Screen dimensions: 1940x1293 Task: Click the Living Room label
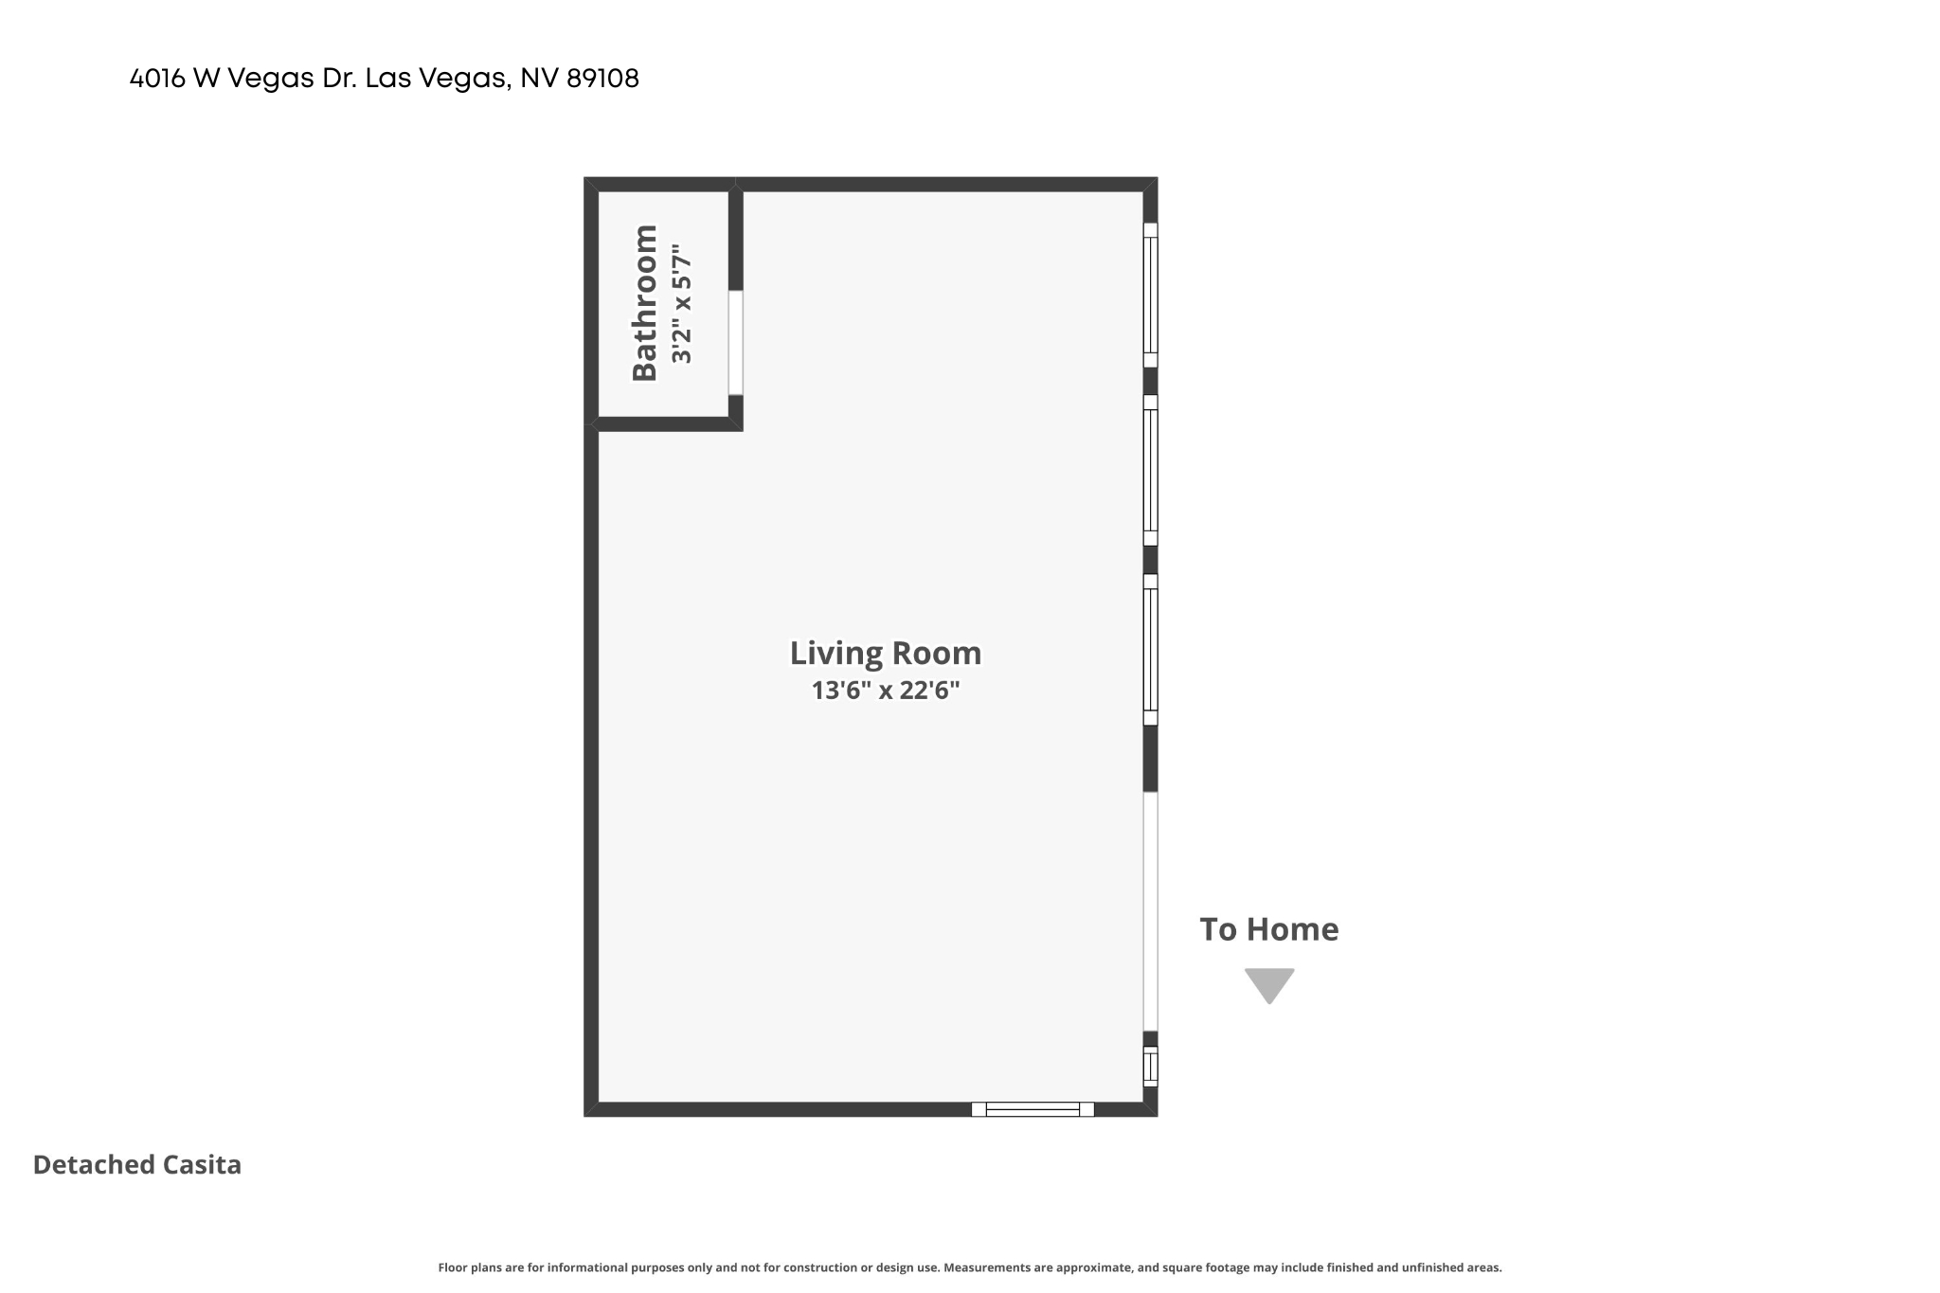pos(886,654)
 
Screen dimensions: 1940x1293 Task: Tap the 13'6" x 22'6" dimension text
pos(886,691)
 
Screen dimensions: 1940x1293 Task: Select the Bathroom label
pos(645,303)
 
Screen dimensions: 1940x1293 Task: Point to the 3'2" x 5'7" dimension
pos(682,304)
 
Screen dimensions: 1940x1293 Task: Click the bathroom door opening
pos(735,342)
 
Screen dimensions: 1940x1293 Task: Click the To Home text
pos(1269,929)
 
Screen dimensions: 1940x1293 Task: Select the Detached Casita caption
pos(137,1164)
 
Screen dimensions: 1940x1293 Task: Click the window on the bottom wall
pos(1033,1109)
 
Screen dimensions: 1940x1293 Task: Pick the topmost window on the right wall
pos(1150,295)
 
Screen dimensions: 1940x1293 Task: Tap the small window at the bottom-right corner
pos(1150,1066)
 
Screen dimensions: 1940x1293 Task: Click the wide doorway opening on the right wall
pos(1150,911)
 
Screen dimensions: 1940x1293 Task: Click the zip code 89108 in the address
pos(602,79)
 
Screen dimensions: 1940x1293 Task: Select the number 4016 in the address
pos(157,79)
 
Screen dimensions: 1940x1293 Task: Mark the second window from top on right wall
pos(1150,470)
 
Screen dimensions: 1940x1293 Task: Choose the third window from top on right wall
pos(1150,649)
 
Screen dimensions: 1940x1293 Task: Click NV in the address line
pos(539,79)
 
